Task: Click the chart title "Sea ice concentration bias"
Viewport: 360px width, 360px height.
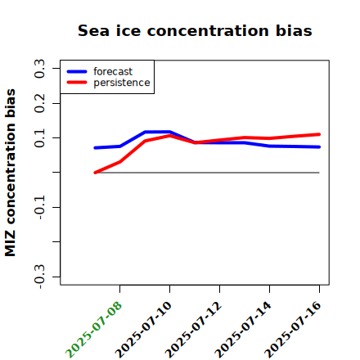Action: coord(195,30)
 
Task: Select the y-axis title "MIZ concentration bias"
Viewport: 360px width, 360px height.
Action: coord(11,173)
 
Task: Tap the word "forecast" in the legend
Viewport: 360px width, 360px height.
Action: coord(113,71)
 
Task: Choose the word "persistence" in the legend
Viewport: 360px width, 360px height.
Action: coord(122,83)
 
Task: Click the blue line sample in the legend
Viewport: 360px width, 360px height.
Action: coord(77,71)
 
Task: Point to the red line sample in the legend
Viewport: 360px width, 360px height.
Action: coord(77,83)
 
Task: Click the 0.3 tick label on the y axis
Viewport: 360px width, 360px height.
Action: coord(39,69)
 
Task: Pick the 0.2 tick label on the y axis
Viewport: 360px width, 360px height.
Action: coord(39,103)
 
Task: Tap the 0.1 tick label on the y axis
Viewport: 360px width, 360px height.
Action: coord(39,138)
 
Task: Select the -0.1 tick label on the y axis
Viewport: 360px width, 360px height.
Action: coord(39,207)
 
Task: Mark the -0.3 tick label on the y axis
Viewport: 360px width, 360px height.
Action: coord(39,277)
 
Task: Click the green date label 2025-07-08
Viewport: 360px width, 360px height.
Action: coord(93,330)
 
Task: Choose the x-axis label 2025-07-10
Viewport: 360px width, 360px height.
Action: coord(143,330)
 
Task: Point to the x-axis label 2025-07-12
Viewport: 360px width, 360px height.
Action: coord(193,330)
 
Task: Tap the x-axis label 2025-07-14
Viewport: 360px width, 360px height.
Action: coord(243,330)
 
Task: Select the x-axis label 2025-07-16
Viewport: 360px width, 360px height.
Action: coord(293,330)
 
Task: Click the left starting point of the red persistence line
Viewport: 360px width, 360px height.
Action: coord(95,173)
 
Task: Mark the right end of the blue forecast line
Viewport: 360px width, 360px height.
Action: coord(319,147)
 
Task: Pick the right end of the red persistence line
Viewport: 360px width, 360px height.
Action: coord(319,134)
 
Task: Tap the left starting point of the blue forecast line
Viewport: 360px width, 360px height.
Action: coord(95,148)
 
